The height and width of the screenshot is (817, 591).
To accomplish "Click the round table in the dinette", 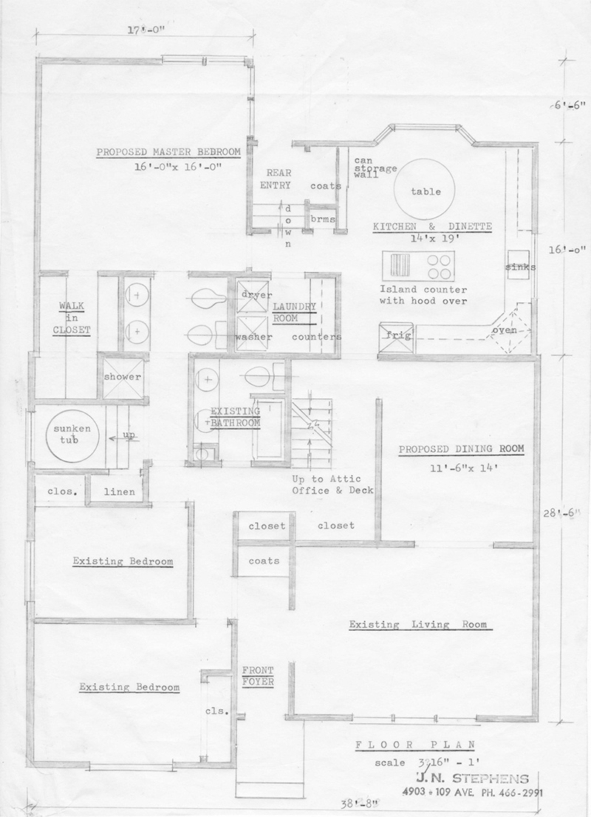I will (x=426, y=190).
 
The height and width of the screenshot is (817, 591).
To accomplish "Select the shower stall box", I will (x=121, y=377).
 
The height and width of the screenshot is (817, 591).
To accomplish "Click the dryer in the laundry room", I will (x=253, y=295).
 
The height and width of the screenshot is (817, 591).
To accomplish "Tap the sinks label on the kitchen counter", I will (x=521, y=267).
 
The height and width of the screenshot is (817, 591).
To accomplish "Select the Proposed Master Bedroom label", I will (x=168, y=153).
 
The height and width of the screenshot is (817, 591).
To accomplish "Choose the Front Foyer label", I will (x=258, y=677).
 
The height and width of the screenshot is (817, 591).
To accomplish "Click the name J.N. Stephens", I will (x=472, y=778).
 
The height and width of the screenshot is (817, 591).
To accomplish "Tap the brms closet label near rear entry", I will (x=322, y=219).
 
